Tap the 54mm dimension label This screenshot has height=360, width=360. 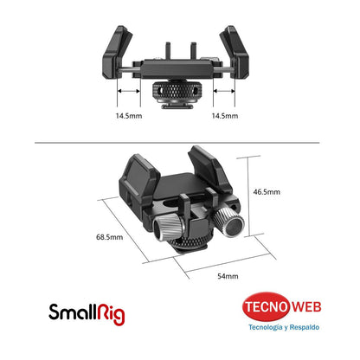click(x=227, y=275)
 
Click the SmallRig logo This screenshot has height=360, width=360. click(x=87, y=312)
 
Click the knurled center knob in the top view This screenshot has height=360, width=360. click(x=179, y=89)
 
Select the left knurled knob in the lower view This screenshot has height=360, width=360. click(x=167, y=228)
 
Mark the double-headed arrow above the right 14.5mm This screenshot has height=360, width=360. click(x=227, y=89)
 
